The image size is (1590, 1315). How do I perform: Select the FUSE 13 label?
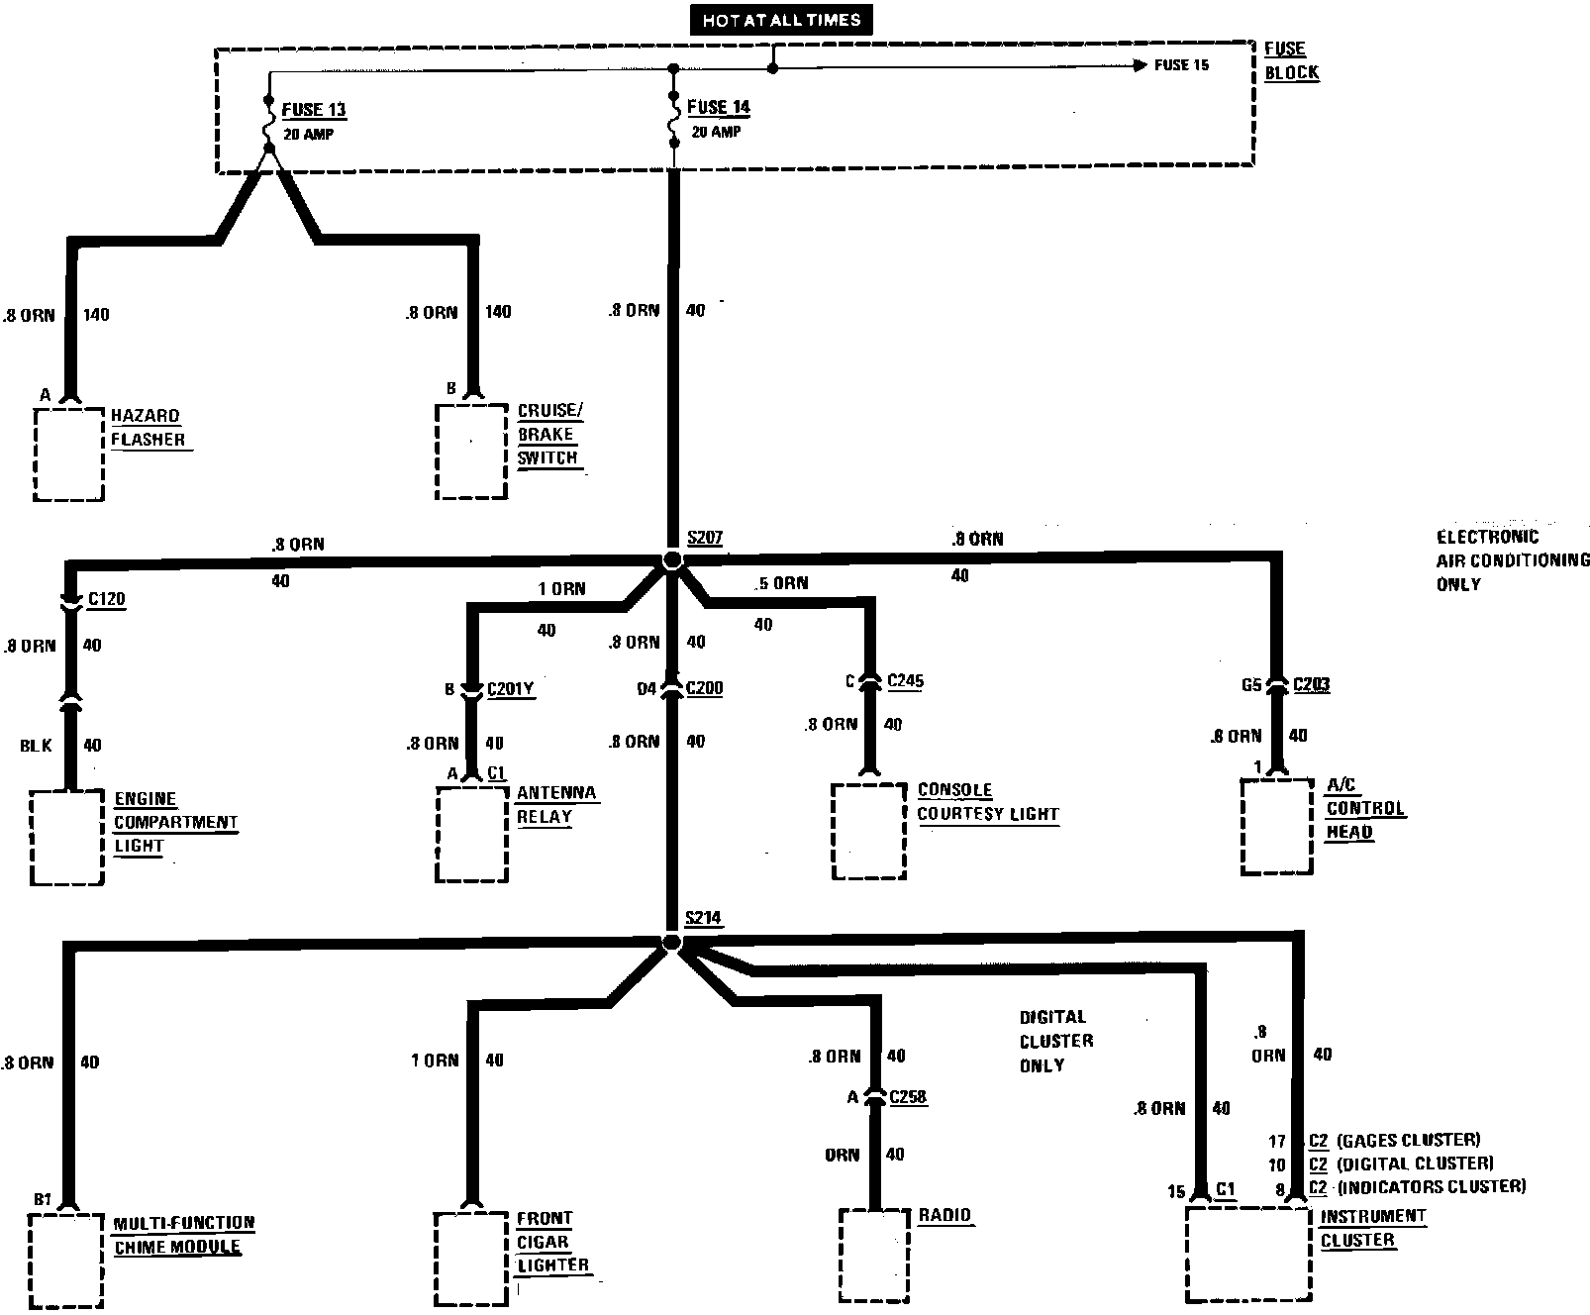click(x=314, y=110)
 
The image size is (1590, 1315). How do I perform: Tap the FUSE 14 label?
click(x=718, y=107)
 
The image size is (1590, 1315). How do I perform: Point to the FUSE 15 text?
click(x=1181, y=65)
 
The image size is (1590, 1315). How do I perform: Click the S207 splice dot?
click(x=672, y=560)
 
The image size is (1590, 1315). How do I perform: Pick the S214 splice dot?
click(x=670, y=942)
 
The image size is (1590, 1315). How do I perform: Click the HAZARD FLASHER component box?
click(x=68, y=454)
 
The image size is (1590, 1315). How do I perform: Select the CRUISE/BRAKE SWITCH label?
click(x=548, y=435)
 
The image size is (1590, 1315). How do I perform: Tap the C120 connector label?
click(x=107, y=599)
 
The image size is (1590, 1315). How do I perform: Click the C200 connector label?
click(x=704, y=688)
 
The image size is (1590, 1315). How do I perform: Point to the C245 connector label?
click(x=905, y=680)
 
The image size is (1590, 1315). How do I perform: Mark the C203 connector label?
click(x=1311, y=684)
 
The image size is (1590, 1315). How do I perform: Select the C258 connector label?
click(x=908, y=1096)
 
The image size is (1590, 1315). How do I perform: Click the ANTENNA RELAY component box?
click(x=472, y=833)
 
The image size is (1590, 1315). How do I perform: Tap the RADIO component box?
click(x=873, y=1254)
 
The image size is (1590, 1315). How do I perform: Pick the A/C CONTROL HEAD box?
click(x=1277, y=827)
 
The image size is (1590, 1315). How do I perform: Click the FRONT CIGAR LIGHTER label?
click(x=552, y=1242)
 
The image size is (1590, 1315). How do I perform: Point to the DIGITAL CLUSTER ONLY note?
click(x=1055, y=1041)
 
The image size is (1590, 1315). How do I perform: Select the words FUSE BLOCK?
click(x=1291, y=60)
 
